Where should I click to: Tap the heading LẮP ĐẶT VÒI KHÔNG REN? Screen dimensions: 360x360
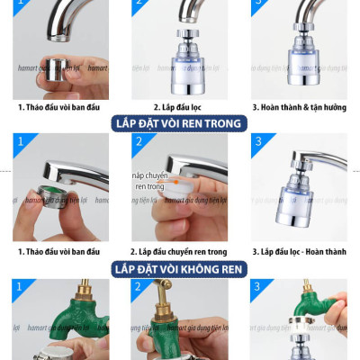[x=179, y=268]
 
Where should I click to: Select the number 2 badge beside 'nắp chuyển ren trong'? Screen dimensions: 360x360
[x=138, y=142]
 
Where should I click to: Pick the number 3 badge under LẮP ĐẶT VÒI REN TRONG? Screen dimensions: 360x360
[x=260, y=142]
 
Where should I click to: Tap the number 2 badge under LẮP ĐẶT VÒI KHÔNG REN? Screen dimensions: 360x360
[x=138, y=289]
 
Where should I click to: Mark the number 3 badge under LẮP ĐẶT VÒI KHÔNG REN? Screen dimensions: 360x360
[x=260, y=289]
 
